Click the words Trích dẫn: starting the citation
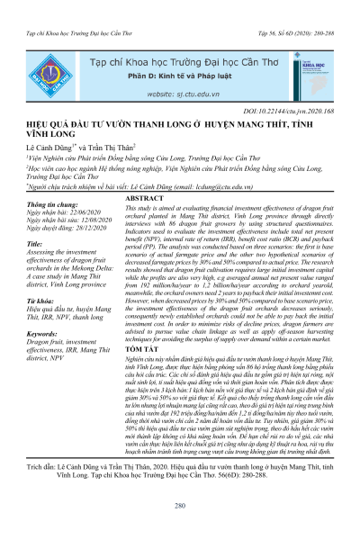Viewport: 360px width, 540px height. click(x=38, y=469)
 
